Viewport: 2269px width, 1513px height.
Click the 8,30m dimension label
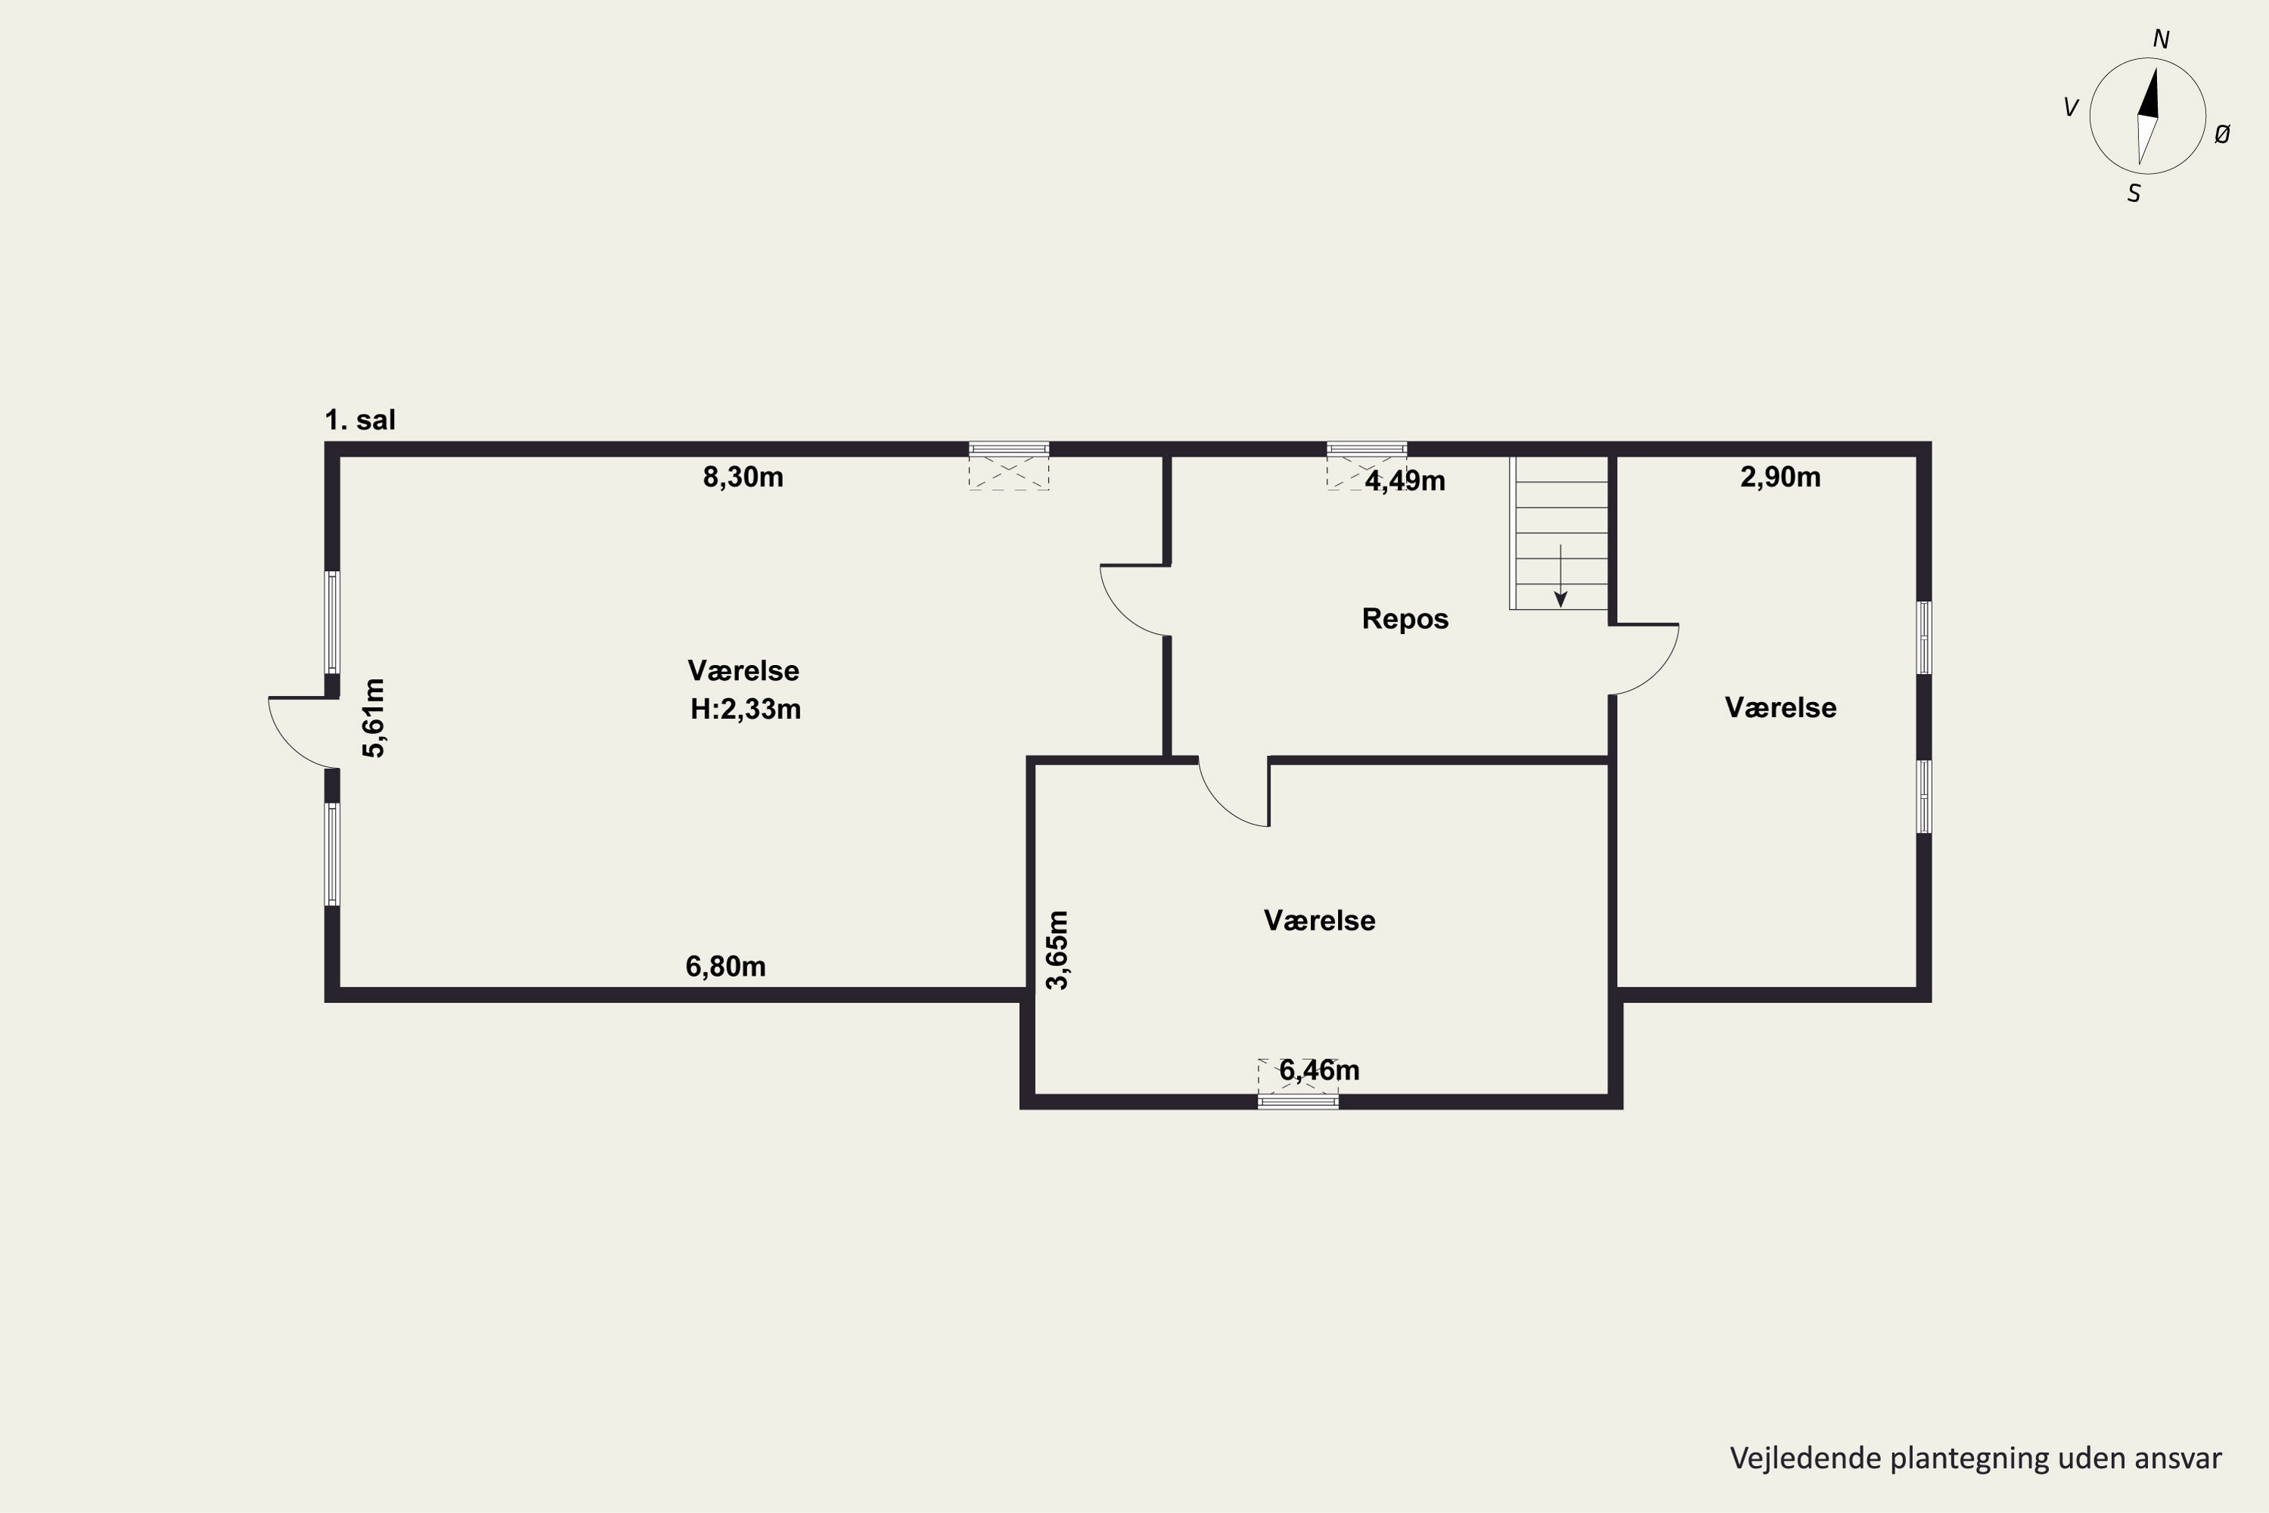pyautogui.click(x=743, y=477)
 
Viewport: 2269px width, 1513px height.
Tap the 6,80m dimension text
pyautogui.click(x=725, y=966)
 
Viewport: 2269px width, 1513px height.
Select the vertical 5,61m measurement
pyautogui.click(x=374, y=718)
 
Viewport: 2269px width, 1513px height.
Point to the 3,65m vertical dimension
pyautogui.click(x=1057, y=950)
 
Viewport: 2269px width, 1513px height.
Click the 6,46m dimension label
pyautogui.click(x=1319, y=1070)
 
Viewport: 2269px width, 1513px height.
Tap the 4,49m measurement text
pyautogui.click(x=1405, y=480)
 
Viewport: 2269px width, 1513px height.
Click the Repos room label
pyautogui.click(x=1405, y=619)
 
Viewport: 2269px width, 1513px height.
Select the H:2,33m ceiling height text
pyautogui.click(x=745, y=710)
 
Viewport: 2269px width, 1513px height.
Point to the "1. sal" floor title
pyautogui.click(x=360, y=420)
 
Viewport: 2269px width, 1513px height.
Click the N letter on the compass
pyautogui.click(x=2161, y=39)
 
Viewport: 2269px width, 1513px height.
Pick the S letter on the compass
pyautogui.click(x=2134, y=194)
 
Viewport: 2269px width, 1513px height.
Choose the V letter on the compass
pyautogui.click(x=2070, y=108)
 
